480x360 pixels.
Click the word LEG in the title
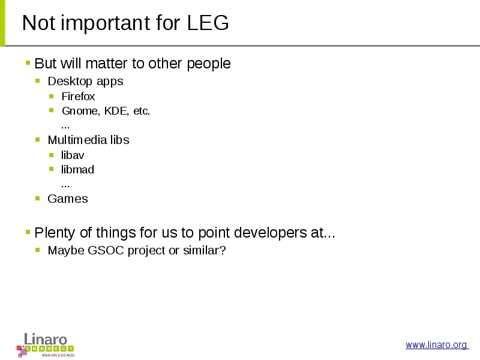pos(208,23)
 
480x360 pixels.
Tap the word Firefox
pos(78,97)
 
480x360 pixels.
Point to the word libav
pos(72,155)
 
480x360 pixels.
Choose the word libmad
pos(77,170)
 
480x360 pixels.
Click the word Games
pos(68,199)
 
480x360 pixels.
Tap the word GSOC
pos(106,250)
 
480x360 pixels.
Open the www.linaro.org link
pos(437,345)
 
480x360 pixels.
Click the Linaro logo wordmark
pos(46,340)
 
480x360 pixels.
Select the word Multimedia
pos(77,140)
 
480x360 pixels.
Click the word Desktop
pos(70,82)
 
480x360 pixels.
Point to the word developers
pos(271,233)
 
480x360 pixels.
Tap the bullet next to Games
pos(38,199)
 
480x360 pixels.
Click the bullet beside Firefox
pos(52,97)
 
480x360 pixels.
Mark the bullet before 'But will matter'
pos(28,63)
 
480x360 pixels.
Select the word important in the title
pos(106,23)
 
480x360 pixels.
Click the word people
pos(208,64)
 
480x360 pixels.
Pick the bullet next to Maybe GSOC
pos(38,250)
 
